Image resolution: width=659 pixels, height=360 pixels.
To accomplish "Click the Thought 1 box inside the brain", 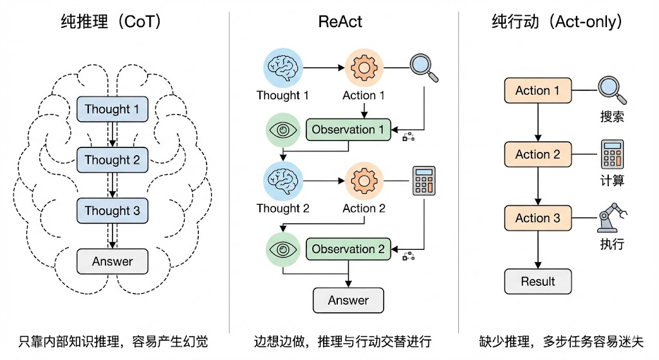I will click(112, 109).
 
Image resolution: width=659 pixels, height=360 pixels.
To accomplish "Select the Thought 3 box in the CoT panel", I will click(112, 211).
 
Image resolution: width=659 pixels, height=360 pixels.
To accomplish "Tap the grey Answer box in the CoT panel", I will click(112, 261).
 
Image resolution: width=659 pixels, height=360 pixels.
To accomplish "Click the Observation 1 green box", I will click(348, 129).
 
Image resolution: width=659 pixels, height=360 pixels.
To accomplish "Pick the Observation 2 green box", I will click(348, 249).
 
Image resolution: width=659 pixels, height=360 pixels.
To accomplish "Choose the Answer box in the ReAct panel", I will click(348, 300).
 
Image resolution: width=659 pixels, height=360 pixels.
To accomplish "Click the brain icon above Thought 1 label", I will click(283, 67).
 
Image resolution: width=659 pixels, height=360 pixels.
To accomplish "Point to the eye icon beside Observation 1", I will click(283, 130).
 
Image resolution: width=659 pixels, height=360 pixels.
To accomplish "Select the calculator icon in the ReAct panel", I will click(424, 181).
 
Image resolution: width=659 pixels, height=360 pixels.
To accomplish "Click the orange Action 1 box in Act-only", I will click(538, 91).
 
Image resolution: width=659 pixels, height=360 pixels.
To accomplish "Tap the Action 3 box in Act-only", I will click(538, 218).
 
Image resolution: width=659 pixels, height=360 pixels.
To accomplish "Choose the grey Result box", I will click(538, 281).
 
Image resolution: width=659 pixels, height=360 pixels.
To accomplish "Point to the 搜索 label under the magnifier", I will click(612, 117).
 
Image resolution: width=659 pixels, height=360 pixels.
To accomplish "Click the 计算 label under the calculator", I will click(612, 180).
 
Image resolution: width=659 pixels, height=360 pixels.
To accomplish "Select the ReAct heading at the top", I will click(340, 21).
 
